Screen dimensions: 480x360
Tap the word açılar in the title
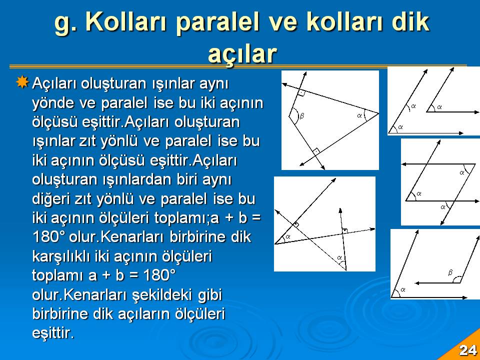242,54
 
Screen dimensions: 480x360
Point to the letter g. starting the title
65,24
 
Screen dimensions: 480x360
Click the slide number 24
468,350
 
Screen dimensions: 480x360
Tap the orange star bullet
22,82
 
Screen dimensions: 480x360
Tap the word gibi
209,295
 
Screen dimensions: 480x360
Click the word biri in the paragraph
187,179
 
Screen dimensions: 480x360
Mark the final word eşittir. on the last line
53,333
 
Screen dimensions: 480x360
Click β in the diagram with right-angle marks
302,115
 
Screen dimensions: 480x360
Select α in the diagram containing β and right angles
359,115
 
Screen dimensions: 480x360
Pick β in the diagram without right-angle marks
450,272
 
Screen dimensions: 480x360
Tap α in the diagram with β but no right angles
403,289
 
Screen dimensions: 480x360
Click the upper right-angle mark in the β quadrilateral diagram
301,93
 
